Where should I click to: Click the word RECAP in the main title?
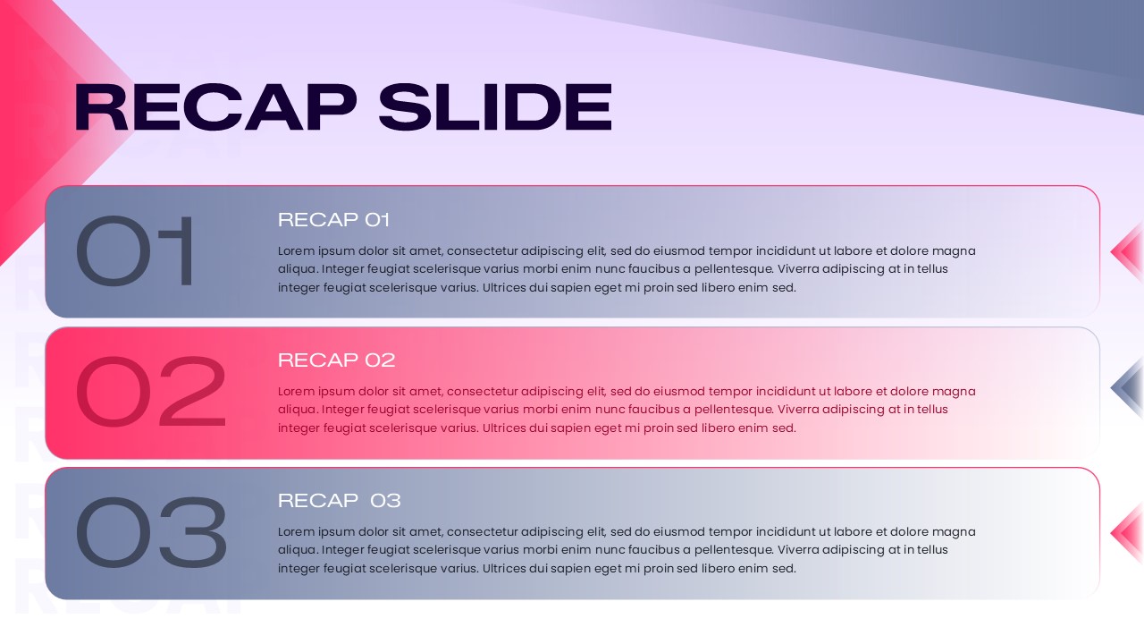[215, 107]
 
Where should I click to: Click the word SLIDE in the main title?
[495, 107]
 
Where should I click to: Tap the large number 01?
[136, 251]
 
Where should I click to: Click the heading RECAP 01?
[334, 220]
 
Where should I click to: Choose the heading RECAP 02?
[336, 360]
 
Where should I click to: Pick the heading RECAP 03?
[340, 501]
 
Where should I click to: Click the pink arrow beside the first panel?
[1127, 252]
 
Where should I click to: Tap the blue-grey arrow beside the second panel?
[1127, 388]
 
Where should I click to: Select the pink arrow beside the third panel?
[1127, 533]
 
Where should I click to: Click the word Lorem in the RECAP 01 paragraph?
[296, 251]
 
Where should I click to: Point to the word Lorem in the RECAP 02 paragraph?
[296, 392]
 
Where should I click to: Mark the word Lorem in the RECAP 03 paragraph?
[296, 532]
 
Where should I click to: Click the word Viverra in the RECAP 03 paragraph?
[801, 550]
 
